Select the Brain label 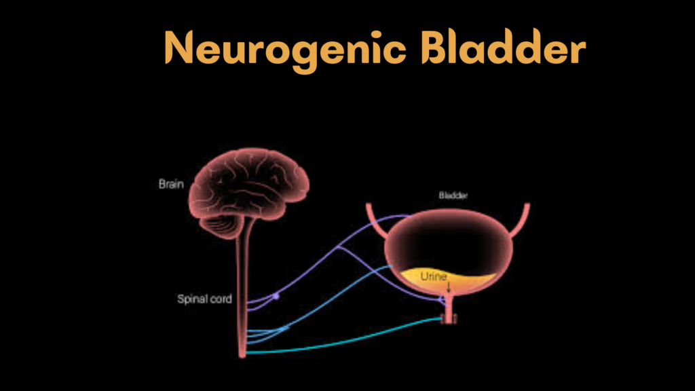(x=171, y=184)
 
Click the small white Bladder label (x=453, y=195)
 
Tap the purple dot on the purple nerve (x=276, y=296)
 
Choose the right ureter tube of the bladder (x=522, y=221)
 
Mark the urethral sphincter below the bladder (x=447, y=317)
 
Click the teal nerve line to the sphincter (x=339, y=343)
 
